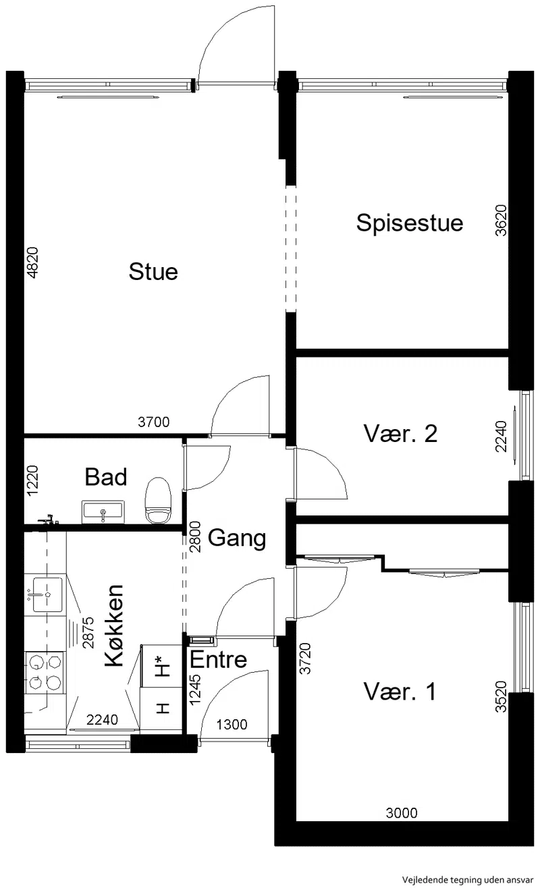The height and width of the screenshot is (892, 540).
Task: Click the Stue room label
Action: tap(153, 272)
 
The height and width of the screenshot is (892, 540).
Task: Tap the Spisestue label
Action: tap(409, 223)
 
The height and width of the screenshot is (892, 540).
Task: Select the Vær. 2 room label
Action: tap(400, 433)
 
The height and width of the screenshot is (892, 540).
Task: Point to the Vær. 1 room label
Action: tap(400, 692)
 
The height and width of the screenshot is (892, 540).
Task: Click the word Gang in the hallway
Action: tap(237, 538)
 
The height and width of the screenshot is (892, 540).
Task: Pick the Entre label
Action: tap(218, 659)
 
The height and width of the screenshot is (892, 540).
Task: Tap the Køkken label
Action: tap(114, 626)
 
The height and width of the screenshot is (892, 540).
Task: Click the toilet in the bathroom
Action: tap(158, 501)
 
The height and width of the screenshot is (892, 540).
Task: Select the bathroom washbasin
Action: tap(103, 512)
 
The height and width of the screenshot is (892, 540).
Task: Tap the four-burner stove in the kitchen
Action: tap(44, 673)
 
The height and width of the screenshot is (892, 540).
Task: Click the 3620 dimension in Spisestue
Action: tap(501, 221)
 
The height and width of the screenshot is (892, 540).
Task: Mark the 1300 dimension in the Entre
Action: tap(232, 725)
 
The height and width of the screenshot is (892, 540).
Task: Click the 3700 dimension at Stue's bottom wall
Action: tap(154, 422)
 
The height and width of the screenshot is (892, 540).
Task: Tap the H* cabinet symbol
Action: tap(163, 666)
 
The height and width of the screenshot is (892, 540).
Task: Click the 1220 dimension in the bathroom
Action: tap(32, 480)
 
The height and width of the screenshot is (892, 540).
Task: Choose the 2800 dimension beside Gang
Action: tap(194, 537)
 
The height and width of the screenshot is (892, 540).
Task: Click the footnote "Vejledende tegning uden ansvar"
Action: tap(468, 880)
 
